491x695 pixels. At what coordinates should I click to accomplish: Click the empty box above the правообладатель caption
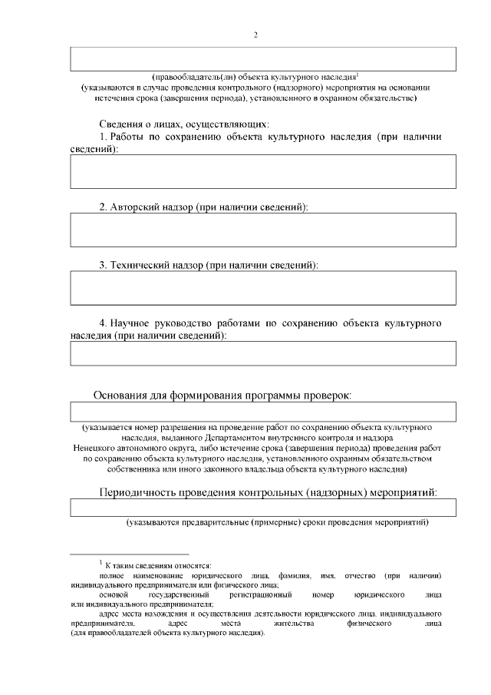point(263,59)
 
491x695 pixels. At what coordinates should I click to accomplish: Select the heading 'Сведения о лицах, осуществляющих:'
point(184,124)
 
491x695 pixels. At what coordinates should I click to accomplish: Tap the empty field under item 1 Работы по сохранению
point(263,170)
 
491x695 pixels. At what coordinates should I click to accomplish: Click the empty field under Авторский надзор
point(263,230)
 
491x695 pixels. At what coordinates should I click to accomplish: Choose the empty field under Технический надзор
point(263,288)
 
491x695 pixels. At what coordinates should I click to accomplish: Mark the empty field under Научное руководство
point(263,352)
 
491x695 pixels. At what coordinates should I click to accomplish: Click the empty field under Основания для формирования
point(263,412)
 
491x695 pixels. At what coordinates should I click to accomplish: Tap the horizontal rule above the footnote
point(129,554)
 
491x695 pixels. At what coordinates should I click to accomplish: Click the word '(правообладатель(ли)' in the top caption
point(193,77)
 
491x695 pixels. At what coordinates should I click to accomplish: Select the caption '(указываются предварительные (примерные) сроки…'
point(277,523)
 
